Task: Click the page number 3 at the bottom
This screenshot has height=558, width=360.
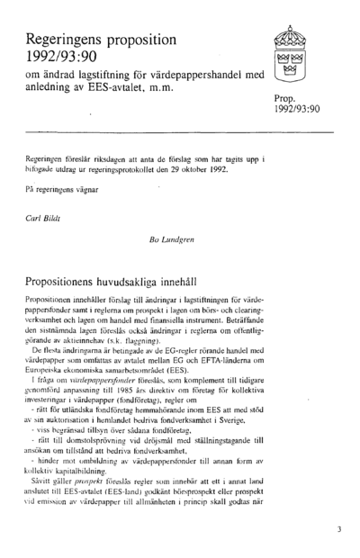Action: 338,530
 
